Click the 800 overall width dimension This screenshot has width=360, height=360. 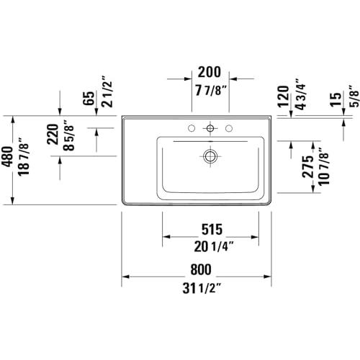coord(201,269)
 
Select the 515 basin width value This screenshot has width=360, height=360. coord(212,230)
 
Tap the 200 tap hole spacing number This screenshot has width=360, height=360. coord(210,72)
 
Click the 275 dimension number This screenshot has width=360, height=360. coord(308,167)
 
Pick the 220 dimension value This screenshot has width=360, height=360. coord(53,134)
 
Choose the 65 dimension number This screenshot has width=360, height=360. coord(89,98)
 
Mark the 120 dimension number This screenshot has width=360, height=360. coord(283,96)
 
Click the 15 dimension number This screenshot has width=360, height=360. coord(336,99)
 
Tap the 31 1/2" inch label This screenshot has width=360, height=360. coord(202,288)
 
